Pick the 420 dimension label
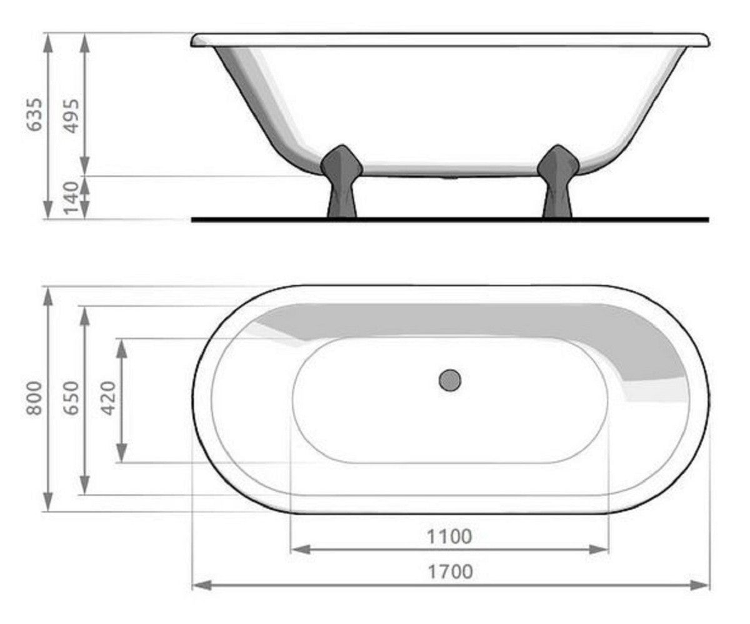(109, 398)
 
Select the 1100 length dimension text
(449, 536)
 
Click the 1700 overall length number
(449, 571)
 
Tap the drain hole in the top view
(449, 380)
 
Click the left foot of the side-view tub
(341, 181)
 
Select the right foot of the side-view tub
(557, 181)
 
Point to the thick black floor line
(449, 219)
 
